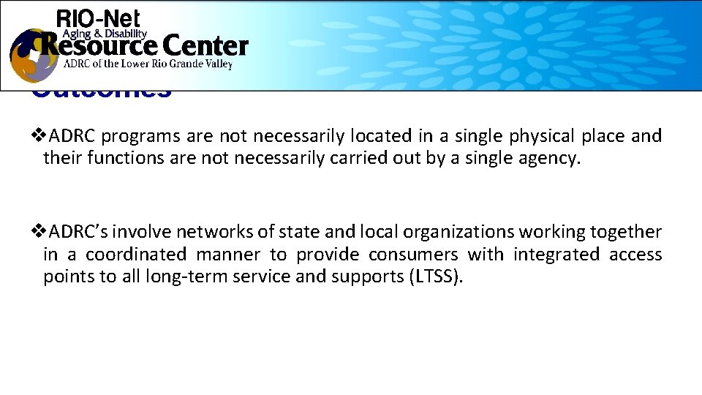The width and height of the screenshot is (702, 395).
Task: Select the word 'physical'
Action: [x=541, y=136]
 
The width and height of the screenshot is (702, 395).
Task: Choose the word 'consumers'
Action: [x=413, y=255]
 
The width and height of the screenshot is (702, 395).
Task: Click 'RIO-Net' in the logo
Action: [x=98, y=19]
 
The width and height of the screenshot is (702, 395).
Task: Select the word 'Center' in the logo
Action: [x=205, y=47]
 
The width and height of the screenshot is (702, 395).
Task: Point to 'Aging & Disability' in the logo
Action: [x=105, y=34]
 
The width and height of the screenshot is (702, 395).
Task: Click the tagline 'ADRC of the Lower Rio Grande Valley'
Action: [x=148, y=64]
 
